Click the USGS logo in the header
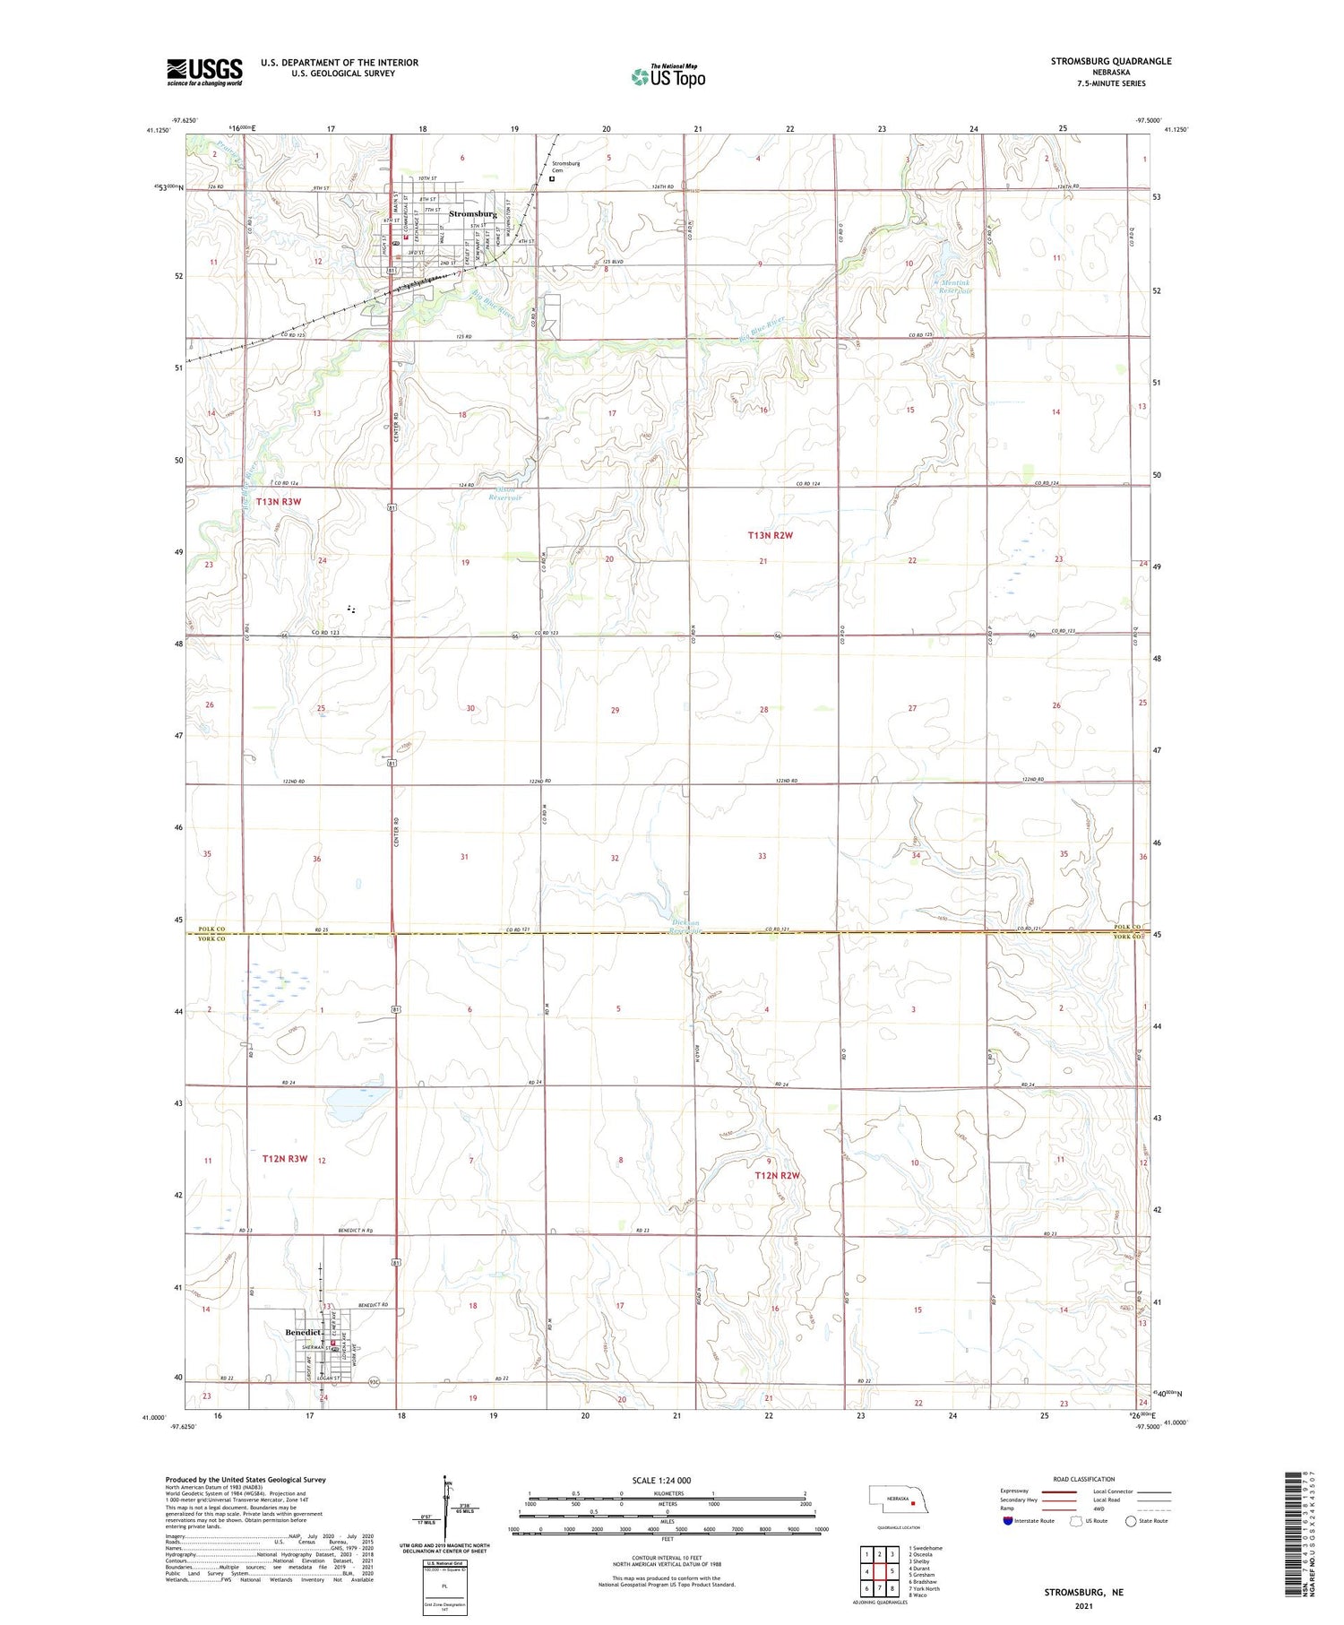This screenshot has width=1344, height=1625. (204, 72)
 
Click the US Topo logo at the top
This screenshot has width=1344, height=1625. (668, 76)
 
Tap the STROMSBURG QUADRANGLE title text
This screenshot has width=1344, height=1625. (1110, 61)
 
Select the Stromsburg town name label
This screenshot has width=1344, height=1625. (472, 214)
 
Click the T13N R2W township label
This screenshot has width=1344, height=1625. (771, 535)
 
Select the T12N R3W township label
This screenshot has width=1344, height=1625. (285, 1159)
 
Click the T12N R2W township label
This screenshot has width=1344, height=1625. (776, 1175)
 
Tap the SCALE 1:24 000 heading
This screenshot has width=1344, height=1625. (661, 1480)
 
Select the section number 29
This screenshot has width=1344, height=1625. (615, 710)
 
